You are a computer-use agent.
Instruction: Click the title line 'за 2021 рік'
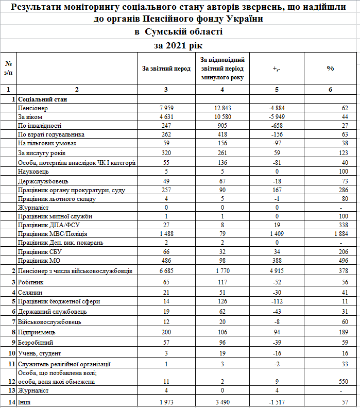[179, 45]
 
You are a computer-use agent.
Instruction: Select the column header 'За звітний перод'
[166, 69]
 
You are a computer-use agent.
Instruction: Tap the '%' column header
[331, 69]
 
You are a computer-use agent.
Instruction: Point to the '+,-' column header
[277, 69]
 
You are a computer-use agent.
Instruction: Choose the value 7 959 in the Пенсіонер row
[166, 108]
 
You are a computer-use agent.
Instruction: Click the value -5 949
[277, 117]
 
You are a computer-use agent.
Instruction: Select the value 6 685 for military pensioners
[166, 270]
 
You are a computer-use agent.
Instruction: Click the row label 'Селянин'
[30, 292]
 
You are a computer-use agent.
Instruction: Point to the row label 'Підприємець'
[36, 331]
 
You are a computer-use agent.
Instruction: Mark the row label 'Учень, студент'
[39, 353]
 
